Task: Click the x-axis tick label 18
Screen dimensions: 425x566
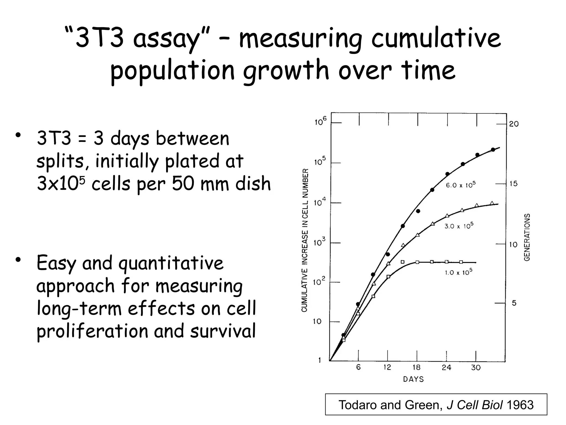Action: (x=416, y=367)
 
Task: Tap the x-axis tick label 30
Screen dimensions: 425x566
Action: (x=476, y=367)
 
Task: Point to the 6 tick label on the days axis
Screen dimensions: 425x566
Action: (x=358, y=367)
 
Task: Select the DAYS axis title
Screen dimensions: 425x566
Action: (x=413, y=379)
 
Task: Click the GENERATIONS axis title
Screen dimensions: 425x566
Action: (x=527, y=237)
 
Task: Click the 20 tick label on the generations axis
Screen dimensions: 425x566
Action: (x=514, y=124)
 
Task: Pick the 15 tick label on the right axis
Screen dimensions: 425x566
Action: (x=513, y=184)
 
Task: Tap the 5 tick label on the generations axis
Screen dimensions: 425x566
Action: (x=514, y=303)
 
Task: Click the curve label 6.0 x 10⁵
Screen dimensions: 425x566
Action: (x=461, y=185)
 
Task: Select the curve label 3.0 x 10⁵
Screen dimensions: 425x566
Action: (x=459, y=226)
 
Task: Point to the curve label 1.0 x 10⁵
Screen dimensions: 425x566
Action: (x=458, y=272)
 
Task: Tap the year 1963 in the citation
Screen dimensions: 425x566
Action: (x=520, y=405)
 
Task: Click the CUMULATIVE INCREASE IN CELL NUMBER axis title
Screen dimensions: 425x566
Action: (x=305, y=240)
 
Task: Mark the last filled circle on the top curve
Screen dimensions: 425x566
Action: (x=493, y=150)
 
